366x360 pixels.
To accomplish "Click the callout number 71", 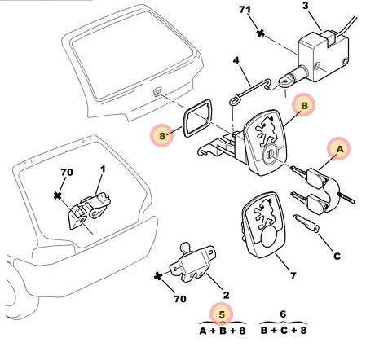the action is pos(245,10).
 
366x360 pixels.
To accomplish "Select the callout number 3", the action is pos(306,6).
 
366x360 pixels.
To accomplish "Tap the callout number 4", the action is pos(236,60).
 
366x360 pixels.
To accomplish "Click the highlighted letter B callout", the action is pos(304,105).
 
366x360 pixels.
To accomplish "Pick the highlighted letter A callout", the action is pos(340,149).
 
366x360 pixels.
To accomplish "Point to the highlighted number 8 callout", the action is pos(162,135).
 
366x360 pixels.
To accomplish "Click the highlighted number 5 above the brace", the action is pos(222,314).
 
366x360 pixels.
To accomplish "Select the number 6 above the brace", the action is pos(283,314).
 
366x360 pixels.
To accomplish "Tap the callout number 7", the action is pos(293,276).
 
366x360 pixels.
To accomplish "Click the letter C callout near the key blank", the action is pos(337,256).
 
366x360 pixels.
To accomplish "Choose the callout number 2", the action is pos(226,295).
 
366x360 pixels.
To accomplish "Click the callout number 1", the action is pos(103,169).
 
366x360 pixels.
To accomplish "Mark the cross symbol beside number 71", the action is pos(261,33).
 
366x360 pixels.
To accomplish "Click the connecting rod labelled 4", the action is pos(250,90).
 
